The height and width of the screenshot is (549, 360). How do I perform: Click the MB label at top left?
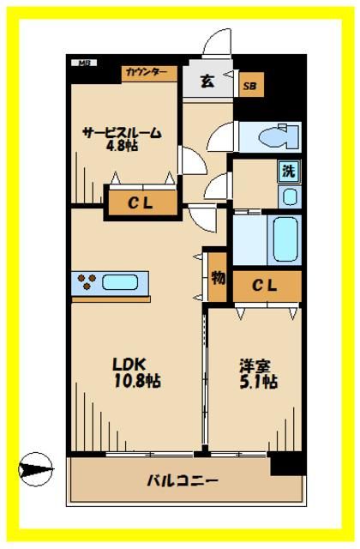(x=84, y=63)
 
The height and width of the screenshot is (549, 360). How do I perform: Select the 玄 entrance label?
(x=207, y=81)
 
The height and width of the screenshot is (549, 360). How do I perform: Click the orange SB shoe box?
(x=251, y=86)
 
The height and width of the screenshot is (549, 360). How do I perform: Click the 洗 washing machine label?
(x=289, y=170)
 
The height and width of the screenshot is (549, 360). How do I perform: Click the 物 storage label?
(x=218, y=278)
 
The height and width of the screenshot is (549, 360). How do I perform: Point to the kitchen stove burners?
(x=87, y=281)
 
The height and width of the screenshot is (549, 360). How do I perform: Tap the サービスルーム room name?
(x=121, y=133)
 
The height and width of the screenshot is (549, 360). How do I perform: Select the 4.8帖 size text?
(x=121, y=148)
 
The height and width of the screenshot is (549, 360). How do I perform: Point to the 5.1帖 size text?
(x=257, y=381)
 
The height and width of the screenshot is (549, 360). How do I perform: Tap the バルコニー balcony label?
(x=181, y=480)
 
